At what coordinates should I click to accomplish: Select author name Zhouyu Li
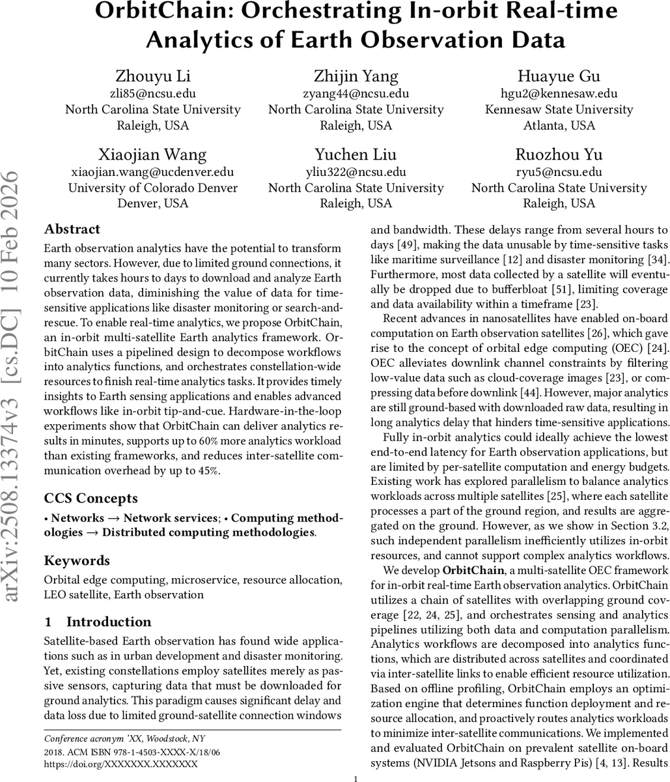[x=153, y=76]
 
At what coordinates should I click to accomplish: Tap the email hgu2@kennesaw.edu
[x=559, y=93]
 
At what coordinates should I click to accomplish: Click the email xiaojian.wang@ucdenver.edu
[x=153, y=172]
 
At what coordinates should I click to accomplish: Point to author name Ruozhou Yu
[x=559, y=155]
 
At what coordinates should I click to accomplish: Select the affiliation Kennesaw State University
[x=559, y=109]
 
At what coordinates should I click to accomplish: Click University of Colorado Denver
[x=153, y=188]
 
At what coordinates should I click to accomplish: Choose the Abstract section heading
[x=72, y=229]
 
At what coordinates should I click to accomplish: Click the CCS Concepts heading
[x=91, y=499]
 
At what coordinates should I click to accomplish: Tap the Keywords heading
[x=76, y=560]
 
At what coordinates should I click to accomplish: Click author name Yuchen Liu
[x=356, y=155]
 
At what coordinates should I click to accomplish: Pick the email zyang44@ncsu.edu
[x=356, y=93]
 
